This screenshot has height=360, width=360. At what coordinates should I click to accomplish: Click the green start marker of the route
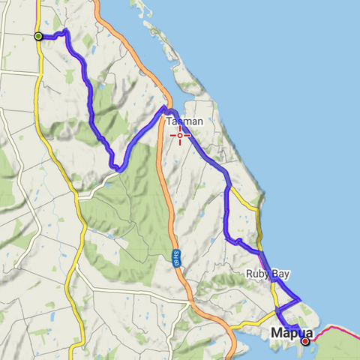pos(38,36)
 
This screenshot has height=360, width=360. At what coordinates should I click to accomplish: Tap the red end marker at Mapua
pos(305,341)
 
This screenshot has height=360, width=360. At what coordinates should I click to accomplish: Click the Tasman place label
pos(184,121)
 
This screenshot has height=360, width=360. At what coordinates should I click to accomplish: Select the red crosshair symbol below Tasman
pos(180,136)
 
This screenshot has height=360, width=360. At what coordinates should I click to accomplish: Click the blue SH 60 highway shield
pos(175,257)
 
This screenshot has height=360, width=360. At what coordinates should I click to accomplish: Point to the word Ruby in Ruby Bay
pos(257,274)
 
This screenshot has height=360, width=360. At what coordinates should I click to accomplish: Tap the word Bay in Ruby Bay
pos(280,274)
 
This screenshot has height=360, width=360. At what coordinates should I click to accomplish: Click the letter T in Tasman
pos(169,121)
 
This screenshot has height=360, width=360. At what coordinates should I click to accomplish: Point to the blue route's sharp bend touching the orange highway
pos(163,109)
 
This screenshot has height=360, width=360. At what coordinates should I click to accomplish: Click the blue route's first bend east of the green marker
pos(65,31)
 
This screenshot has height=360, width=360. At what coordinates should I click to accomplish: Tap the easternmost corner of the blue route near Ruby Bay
pos(299,298)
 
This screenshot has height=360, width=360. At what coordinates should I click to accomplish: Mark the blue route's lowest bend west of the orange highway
pos(115,169)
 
